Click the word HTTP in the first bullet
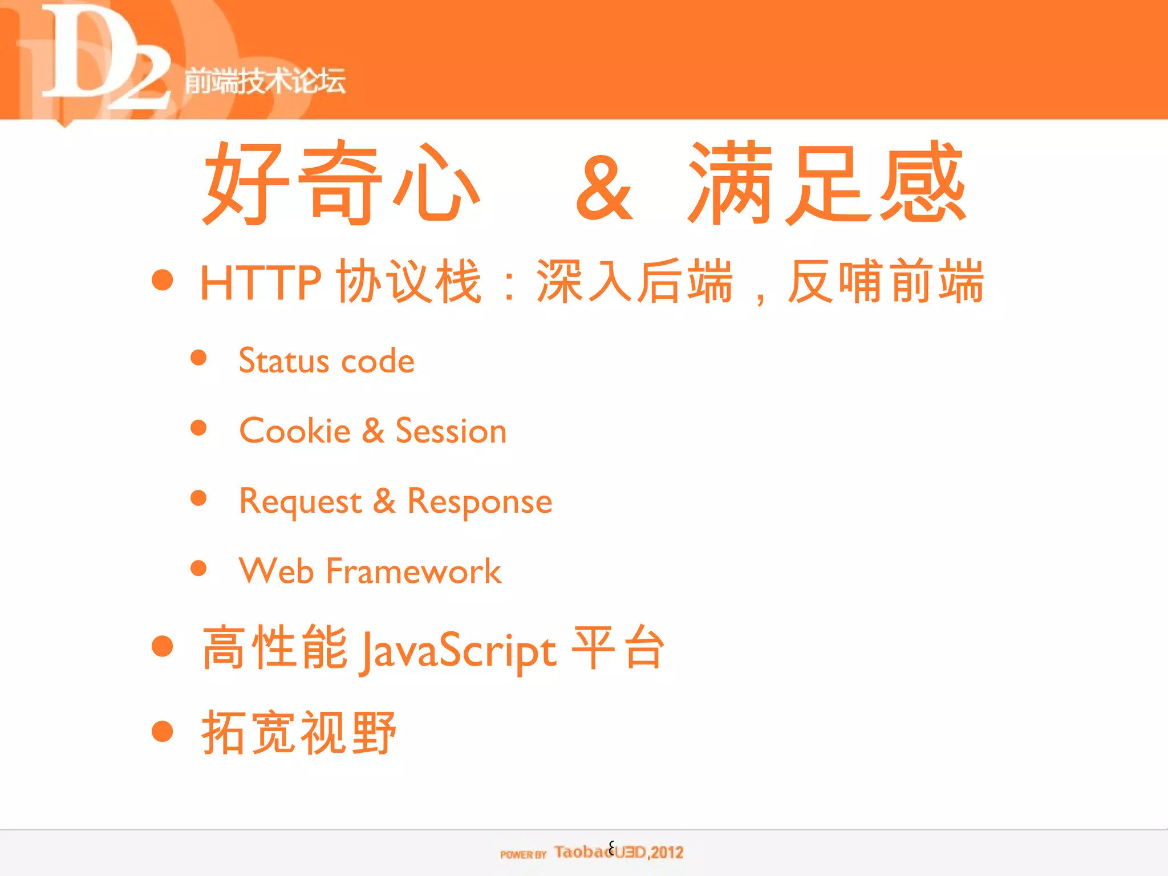tap(261, 282)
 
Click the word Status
tap(283, 361)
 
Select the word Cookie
tap(295, 431)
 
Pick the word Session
tap(451, 431)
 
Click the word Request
tap(301, 502)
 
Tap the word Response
tap(480, 502)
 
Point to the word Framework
tap(413, 571)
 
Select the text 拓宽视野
tap(298, 733)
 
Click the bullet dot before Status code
tap(198, 358)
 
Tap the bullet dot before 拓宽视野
tap(163, 731)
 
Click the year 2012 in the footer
tap(667, 853)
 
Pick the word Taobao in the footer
tap(582, 852)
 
